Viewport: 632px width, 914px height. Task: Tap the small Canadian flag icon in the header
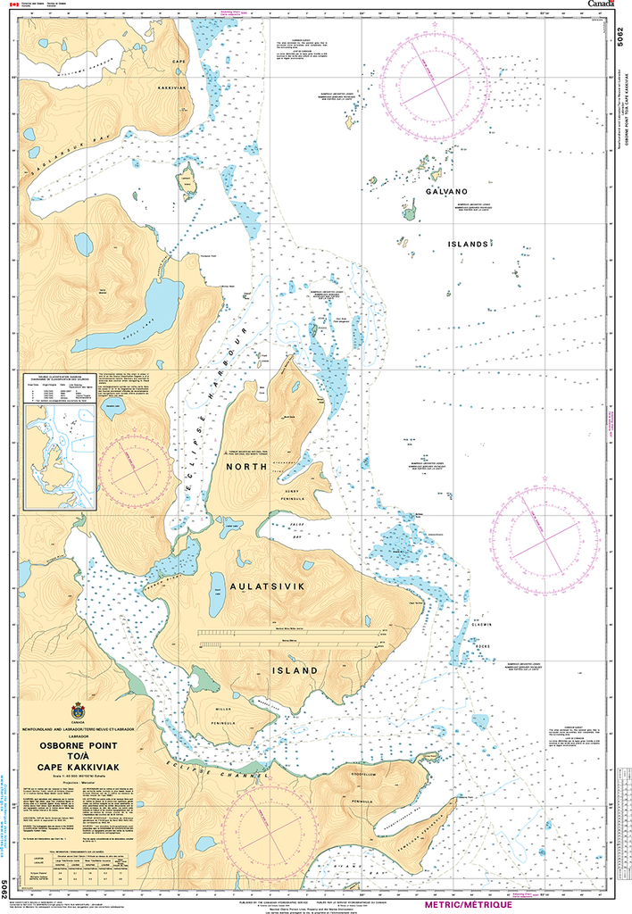pos(12,5)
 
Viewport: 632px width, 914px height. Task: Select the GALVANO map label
pos(446,192)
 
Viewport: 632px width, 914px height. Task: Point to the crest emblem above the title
pos(78,714)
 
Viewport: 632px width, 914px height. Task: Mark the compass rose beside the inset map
pos(134,464)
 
